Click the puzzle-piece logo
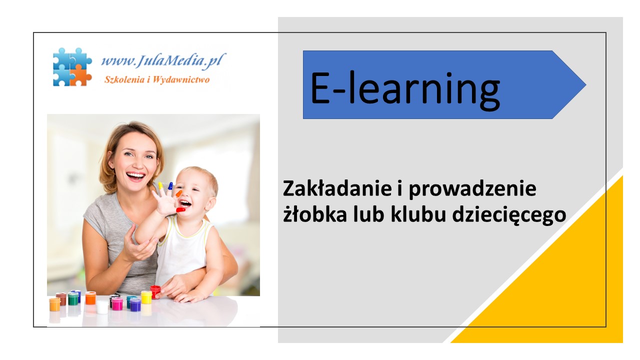[72, 67]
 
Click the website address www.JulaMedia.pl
[163, 60]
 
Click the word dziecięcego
[509, 215]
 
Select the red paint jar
[155, 291]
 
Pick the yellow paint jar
[146, 297]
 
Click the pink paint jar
[117, 304]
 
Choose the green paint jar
[73, 299]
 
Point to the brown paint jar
[61, 298]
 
